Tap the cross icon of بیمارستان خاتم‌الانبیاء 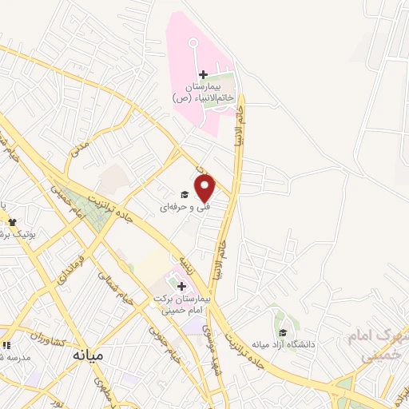click(203, 75)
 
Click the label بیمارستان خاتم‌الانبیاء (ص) click(203, 91)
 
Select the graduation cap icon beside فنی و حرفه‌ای click(184, 194)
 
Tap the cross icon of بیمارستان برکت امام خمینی click(181, 285)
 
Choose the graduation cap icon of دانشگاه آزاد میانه click(281, 333)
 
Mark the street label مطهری click(103, 391)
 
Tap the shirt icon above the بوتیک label click(11, 221)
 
